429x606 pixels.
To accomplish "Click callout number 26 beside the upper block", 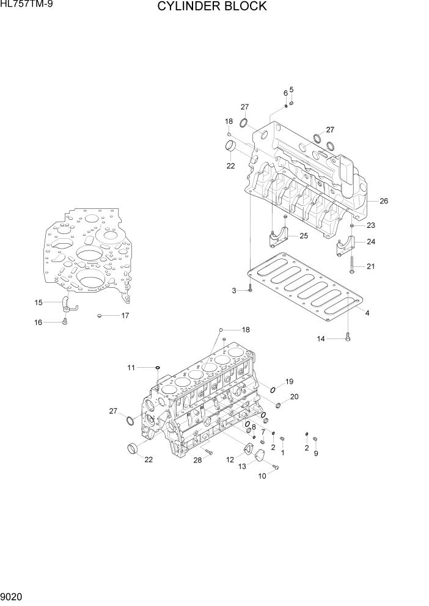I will pyautogui.click(x=383, y=201).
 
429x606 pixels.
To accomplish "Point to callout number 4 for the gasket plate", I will pyautogui.click(x=367, y=313).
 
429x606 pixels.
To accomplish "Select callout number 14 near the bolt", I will pyautogui.click(x=321, y=338).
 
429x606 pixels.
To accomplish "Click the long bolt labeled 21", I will pyautogui.click(x=353, y=263).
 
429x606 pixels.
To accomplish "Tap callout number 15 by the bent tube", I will pyautogui.click(x=38, y=302).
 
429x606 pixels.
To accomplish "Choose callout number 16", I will pyautogui.click(x=38, y=323).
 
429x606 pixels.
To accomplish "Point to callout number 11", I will pyautogui.click(x=131, y=367).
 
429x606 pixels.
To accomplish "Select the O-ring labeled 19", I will pyautogui.click(x=273, y=390).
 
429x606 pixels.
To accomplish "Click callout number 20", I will pyautogui.click(x=294, y=396).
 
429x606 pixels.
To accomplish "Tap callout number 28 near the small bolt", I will pyautogui.click(x=198, y=460).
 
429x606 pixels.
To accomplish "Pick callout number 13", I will pyautogui.click(x=242, y=466).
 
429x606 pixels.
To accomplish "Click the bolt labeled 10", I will pyautogui.click(x=274, y=467).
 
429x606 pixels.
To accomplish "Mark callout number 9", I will pyautogui.click(x=315, y=454).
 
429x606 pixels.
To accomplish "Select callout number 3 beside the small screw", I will pyautogui.click(x=234, y=290).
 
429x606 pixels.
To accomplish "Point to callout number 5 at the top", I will pyautogui.click(x=291, y=90).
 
